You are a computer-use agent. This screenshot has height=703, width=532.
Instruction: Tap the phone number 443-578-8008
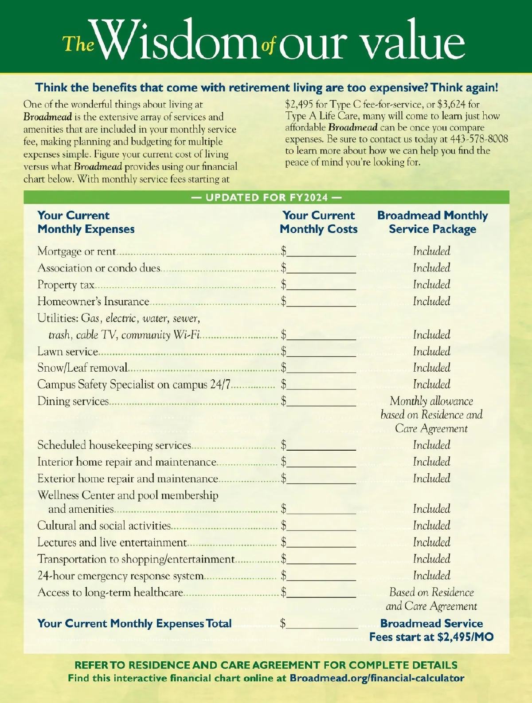[479, 139]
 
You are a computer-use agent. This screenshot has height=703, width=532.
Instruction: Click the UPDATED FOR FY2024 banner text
[266, 197]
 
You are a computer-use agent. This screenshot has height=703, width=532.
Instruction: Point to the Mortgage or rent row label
[77, 251]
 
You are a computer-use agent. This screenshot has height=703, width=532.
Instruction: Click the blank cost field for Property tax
[321, 285]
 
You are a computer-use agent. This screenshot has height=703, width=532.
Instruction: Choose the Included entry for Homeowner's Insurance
[431, 302]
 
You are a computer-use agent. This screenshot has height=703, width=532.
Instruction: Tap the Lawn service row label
[67, 352]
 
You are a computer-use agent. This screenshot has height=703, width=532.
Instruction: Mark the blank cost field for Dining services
[321, 402]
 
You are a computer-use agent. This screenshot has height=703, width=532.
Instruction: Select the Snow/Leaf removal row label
[82, 368]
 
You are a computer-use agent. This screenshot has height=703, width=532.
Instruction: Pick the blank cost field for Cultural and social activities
[321, 526]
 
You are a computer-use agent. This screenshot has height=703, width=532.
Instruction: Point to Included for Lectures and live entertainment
[431, 542]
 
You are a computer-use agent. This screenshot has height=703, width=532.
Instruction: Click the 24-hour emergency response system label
[121, 576]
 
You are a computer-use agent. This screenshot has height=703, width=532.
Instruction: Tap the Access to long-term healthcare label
[110, 593]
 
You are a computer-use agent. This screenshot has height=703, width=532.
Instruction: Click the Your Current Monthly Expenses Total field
[322, 624]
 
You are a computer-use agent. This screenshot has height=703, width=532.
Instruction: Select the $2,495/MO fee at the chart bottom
[465, 637]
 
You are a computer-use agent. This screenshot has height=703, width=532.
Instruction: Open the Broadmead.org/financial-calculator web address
[377, 678]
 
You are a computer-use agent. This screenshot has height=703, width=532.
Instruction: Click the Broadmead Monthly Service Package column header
[432, 222]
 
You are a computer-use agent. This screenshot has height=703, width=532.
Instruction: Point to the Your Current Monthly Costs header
[318, 222]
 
